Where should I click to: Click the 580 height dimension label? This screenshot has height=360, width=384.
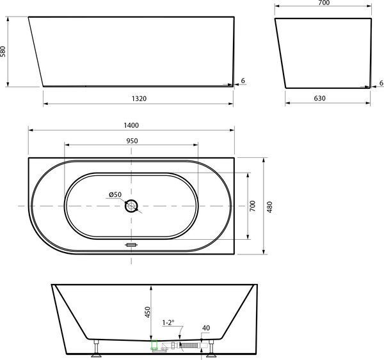tap(3, 52)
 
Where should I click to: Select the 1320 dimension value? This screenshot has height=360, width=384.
tap(139, 98)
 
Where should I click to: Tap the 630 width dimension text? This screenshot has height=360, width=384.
tap(320, 98)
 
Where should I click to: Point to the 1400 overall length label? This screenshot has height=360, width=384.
tap(131, 125)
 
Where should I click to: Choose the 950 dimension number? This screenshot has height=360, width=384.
tap(132, 141)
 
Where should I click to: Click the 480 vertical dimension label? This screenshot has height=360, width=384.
tap(269, 207)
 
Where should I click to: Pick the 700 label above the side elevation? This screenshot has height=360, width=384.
tap(324, 3)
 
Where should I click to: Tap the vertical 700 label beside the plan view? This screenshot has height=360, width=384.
tap(253, 206)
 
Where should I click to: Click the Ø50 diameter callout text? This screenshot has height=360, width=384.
tap(115, 194)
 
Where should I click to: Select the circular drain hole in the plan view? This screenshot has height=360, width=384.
tap(131, 206)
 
